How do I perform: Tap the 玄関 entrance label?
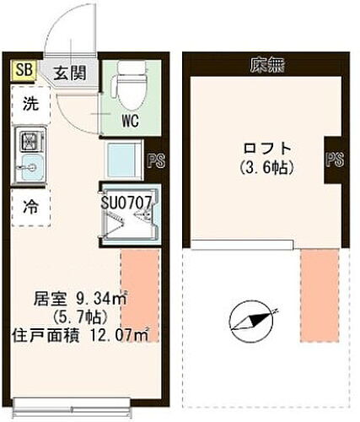tap(70, 73)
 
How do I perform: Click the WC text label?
tap(129, 120)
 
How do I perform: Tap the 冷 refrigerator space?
tap(30, 204)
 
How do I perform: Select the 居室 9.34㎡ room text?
tap(79, 298)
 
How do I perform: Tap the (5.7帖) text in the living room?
tap(76, 317)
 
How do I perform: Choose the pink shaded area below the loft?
tap(319, 295)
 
